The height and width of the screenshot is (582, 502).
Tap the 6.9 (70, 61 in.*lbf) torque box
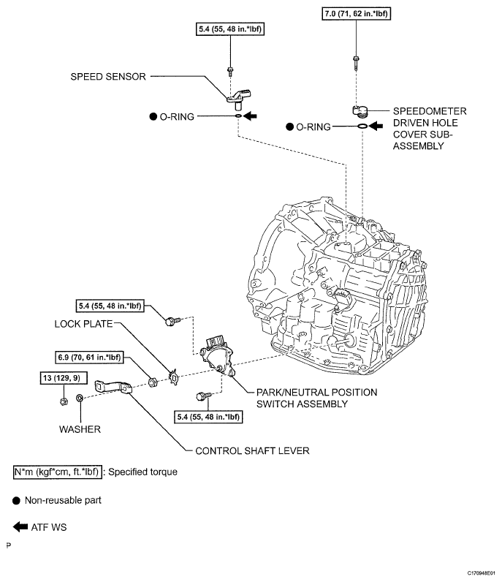tap(89, 358)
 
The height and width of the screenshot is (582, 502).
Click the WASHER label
tap(81, 428)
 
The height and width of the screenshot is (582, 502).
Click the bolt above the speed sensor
tap(230, 71)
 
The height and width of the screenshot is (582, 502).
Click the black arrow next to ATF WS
tap(19, 526)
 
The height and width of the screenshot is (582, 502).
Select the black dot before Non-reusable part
tap(17, 500)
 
